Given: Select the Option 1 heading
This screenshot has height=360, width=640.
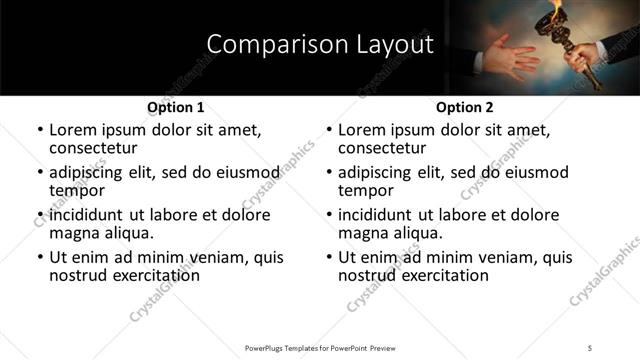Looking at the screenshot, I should coord(175,107).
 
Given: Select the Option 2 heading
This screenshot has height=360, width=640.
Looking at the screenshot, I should coord(465,107).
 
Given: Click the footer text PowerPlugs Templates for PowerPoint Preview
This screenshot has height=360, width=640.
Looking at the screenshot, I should coord(319,347).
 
